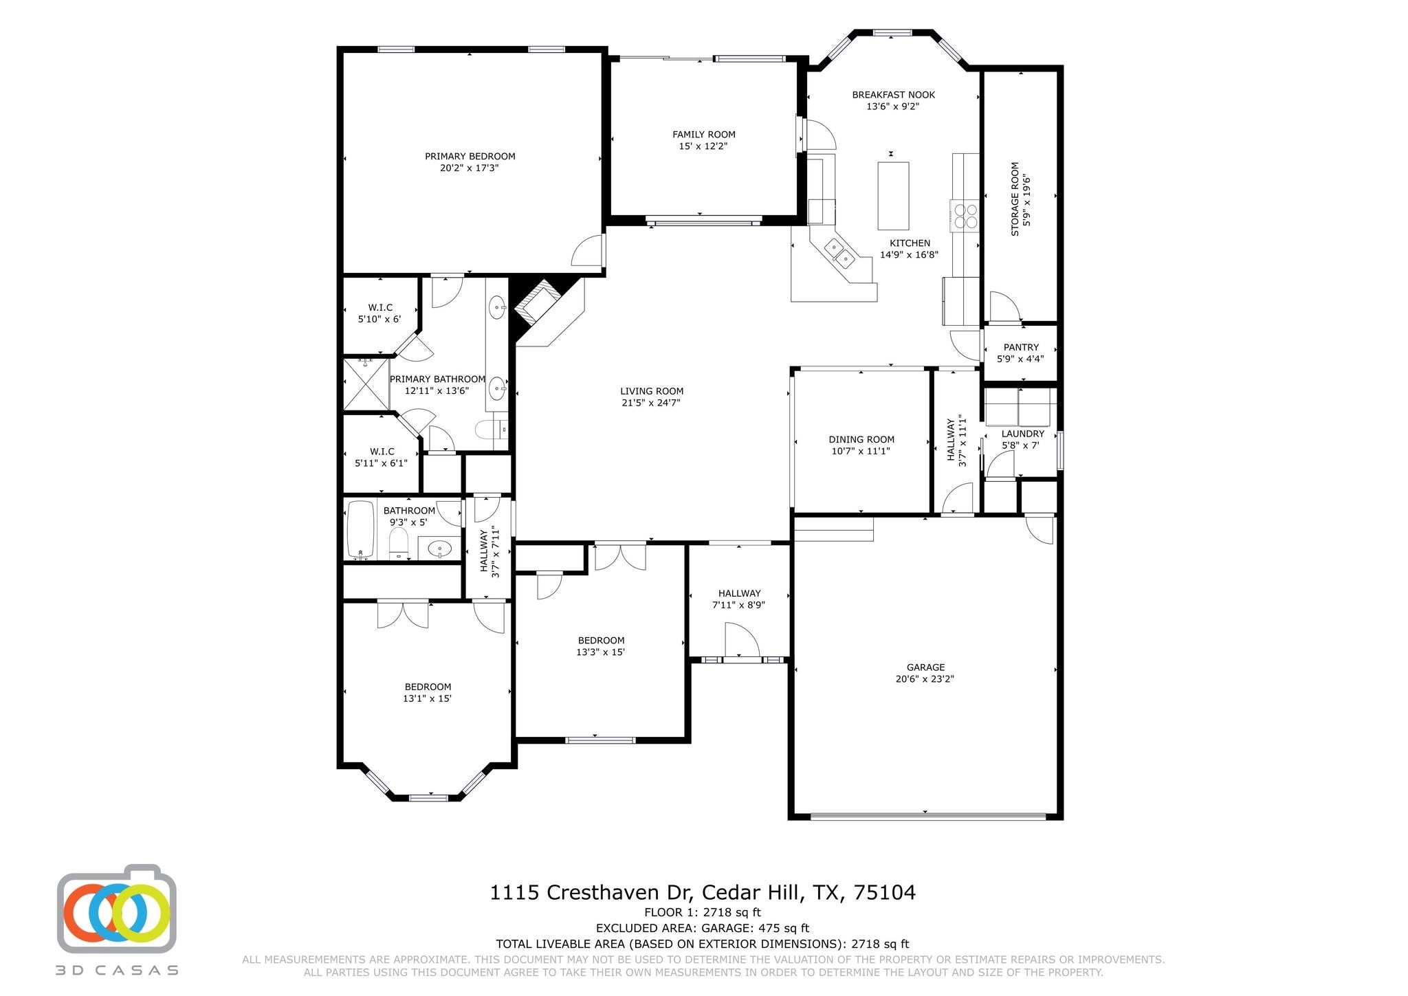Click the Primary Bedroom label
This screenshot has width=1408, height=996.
[470, 156]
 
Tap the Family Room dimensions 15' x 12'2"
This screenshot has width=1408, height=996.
[703, 146]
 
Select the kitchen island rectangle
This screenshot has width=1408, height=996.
[893, 196]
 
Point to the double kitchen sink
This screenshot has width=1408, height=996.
[839, 252]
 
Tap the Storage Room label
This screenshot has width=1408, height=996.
[1015, 199]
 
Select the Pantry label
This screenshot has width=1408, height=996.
[1021, 347]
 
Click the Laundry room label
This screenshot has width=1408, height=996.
[1022, 434]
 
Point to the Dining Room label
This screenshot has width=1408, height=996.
[861, 439]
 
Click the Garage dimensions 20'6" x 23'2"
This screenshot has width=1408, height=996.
[925, 678]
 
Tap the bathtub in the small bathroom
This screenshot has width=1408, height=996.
[360, 529]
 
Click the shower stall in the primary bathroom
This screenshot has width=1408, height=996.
[366, 384]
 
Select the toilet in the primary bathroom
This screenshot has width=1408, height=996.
[490, 429]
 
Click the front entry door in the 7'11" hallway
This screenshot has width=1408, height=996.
[741, 641]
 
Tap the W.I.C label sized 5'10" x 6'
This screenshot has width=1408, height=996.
[379, 307]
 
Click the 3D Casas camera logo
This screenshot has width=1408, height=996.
[116, 908]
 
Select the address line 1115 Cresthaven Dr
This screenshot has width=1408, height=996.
[702, 892]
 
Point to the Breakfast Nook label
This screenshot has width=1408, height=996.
[893, 95]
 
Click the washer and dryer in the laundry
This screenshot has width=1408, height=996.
[1017, 407]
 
